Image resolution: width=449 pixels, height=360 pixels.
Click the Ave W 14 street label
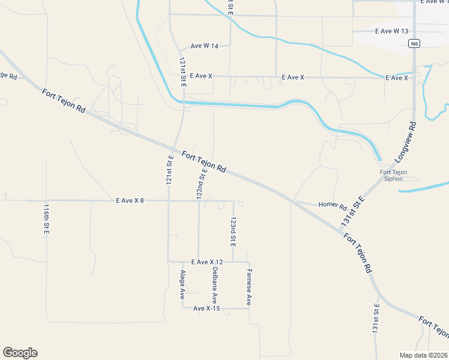tap(204, 46)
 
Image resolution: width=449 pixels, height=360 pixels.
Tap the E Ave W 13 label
tap(391, 31)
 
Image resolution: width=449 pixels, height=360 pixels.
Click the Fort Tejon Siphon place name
tap(394, 175)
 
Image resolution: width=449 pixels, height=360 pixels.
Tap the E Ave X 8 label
tap(130, 200)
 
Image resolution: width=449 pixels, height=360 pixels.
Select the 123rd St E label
tap(233, 232)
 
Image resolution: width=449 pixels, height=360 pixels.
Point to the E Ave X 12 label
tap(206, 262)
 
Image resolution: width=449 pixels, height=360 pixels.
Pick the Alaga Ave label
tap(182, 284)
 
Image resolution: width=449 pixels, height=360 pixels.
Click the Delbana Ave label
tap(214, 284)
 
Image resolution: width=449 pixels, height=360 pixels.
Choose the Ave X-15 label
tap(207, 308)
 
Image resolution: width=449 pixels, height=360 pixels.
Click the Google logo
tap(20, 353)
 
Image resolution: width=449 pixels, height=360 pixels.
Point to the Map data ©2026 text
tap(424, 355)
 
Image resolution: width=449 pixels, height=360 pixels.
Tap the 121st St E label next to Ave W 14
tap(182, 73)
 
